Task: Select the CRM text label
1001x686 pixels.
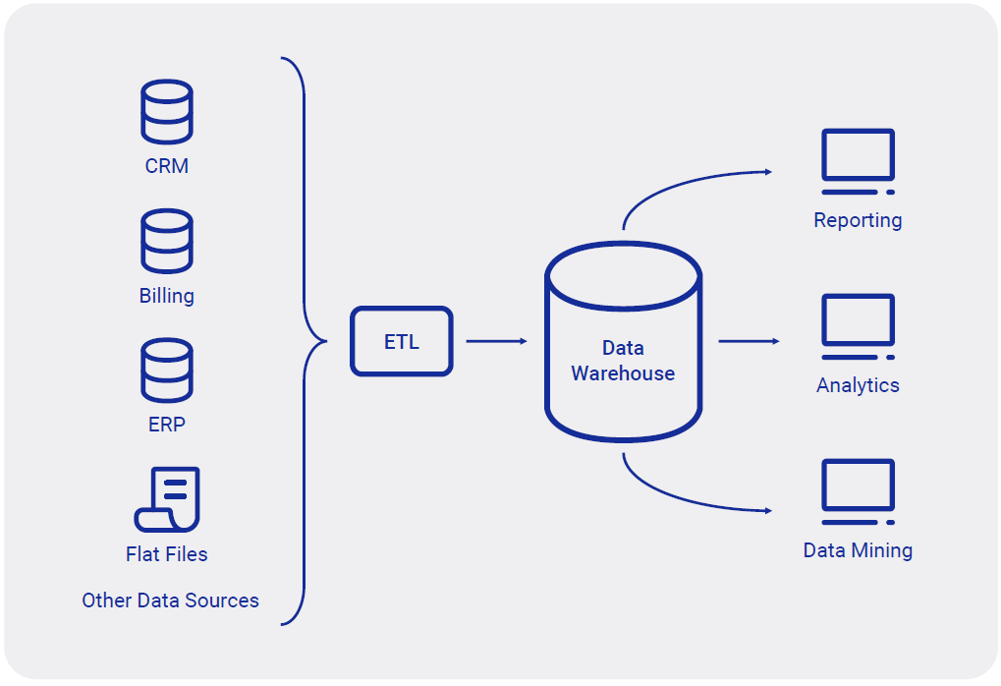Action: point(167,166)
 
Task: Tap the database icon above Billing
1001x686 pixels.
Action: point(166,241)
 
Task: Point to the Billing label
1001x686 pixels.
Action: point(167,296)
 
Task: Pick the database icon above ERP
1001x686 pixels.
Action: point(166,371)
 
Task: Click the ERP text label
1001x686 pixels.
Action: point(167,425)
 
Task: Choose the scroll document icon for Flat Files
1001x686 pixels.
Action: point(167,499)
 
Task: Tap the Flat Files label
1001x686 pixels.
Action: point(167,554)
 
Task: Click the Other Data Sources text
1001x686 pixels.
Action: point(170,600)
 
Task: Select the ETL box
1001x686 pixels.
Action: point(402,341)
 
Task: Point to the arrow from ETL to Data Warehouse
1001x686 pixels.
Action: point(496,341)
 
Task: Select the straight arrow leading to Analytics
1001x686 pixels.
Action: point(749,341)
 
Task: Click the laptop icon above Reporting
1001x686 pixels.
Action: point(858,162)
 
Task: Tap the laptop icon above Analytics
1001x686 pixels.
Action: point(858,327)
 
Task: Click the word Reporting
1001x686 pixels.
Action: point(858,220)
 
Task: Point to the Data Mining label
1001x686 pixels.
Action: point(858,550)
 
